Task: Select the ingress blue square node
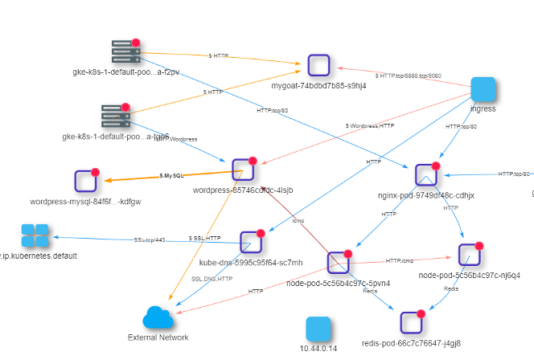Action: [x=483, y=89]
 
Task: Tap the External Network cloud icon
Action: [x=158, y=317]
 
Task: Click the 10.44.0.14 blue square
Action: [x=318, y=329]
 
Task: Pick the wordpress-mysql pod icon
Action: [x=84, y=182]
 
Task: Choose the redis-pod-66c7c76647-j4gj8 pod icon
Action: [x=412, y=322]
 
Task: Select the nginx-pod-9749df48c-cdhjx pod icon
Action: [x=425, y=175]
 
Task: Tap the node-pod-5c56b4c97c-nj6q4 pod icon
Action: [x=469, y=254]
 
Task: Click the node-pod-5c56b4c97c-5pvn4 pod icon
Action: [x=337, y=263]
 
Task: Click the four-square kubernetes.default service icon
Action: [x=35, y=236]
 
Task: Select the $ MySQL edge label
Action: [x=171, y=175]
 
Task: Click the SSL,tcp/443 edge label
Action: [x=150, y=239]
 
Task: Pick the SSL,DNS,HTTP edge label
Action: [x=212, y=278]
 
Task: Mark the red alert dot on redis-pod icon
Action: [x=421, y=313]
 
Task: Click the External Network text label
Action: [x=158, y=337]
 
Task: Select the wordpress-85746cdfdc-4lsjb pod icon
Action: [x=242, y=170]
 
